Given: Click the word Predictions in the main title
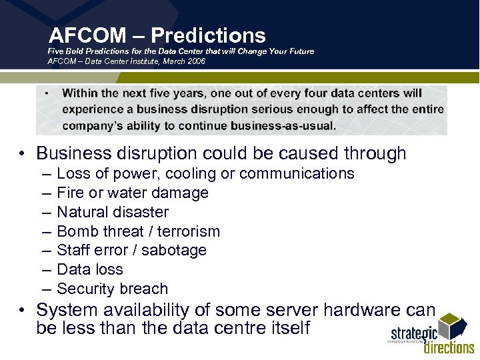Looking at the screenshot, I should [208, 35].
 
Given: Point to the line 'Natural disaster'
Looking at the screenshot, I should [113, 212].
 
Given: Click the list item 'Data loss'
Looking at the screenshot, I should [90, 269].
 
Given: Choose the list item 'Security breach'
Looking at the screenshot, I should [112, 289].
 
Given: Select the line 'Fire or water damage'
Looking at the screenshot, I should [133, 193].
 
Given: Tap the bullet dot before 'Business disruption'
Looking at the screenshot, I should [22, 154].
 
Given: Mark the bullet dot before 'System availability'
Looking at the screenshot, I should [22, 311].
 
